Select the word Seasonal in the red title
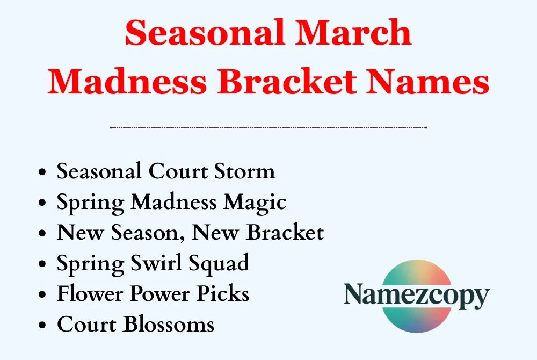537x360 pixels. [203, 33]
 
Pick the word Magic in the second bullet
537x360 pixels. [255, 203]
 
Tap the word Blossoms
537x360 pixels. [170, 325]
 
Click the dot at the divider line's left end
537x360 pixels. [111, 127]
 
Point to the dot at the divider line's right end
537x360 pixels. [426, 127]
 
